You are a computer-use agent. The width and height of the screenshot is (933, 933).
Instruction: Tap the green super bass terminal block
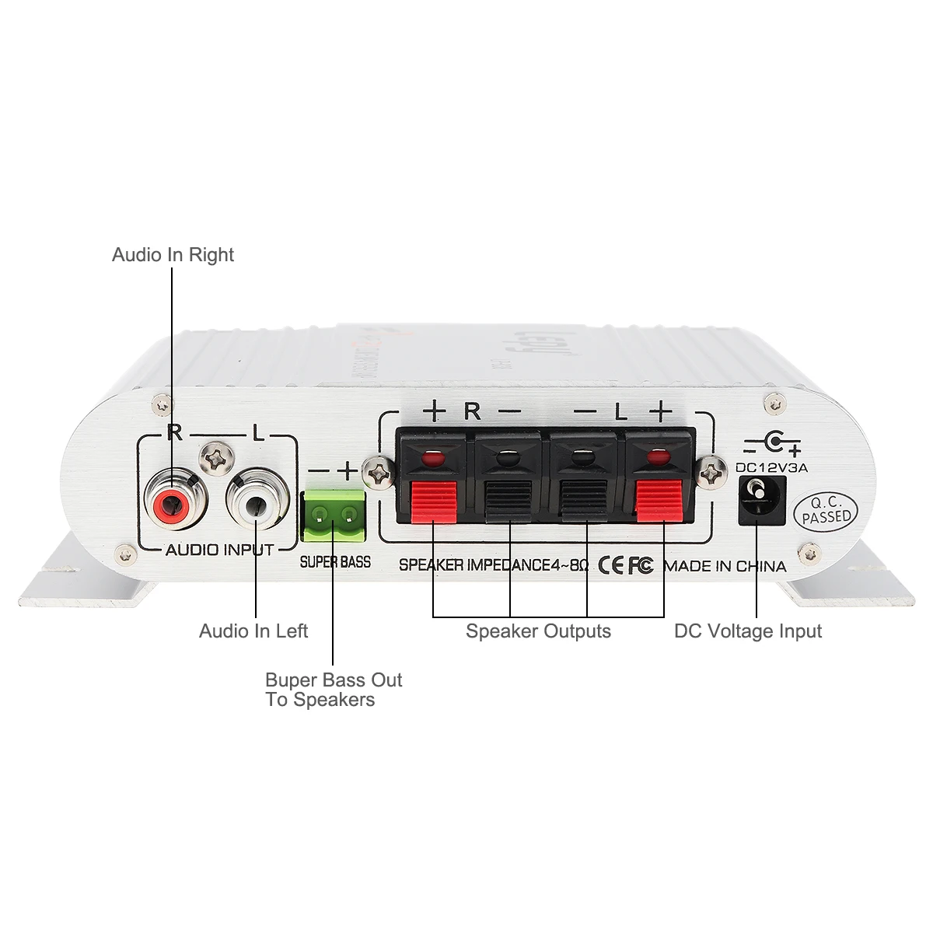pyautogui.click(x=333, y=515)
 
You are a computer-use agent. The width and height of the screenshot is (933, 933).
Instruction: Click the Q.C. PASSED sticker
pyautogui.click(x=826, y=512)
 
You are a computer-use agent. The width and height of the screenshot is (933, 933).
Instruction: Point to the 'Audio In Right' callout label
pyautogui.click(x=173, y=255)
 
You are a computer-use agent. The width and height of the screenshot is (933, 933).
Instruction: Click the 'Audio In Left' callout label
pyautogui.click(x=253, y=631)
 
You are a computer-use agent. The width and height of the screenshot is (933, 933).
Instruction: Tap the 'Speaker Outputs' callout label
pyautogui.click(x=538, y=631)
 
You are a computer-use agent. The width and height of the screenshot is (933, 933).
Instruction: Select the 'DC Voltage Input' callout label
pyautogui.click(x=748, y=631)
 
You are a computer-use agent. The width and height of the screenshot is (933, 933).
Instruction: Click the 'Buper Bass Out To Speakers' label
pyautogui.click(x=333, y=690)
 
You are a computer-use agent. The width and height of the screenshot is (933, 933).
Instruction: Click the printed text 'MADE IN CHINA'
pyautogui.click(x=725, y=566)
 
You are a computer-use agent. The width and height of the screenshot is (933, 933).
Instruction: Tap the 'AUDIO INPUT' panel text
pyautogui.click(x=219, y=550)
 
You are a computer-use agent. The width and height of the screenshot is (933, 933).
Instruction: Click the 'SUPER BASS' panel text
pyautogui.click(x=335, y=561)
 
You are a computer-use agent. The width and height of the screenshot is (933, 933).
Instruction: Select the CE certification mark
pyautogui.click(x=611, y=565)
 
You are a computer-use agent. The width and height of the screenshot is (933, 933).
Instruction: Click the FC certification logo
pyautogui.click(x=641, y=565)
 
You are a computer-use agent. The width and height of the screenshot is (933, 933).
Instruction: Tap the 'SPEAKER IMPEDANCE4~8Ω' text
pyautogui.click(x=494, y=565)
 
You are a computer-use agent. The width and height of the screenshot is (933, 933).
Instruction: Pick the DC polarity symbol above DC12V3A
pyautogui.click(x=771, y=445)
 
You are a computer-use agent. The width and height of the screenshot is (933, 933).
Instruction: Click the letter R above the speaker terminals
pyautogui.click(x=472, y=411)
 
